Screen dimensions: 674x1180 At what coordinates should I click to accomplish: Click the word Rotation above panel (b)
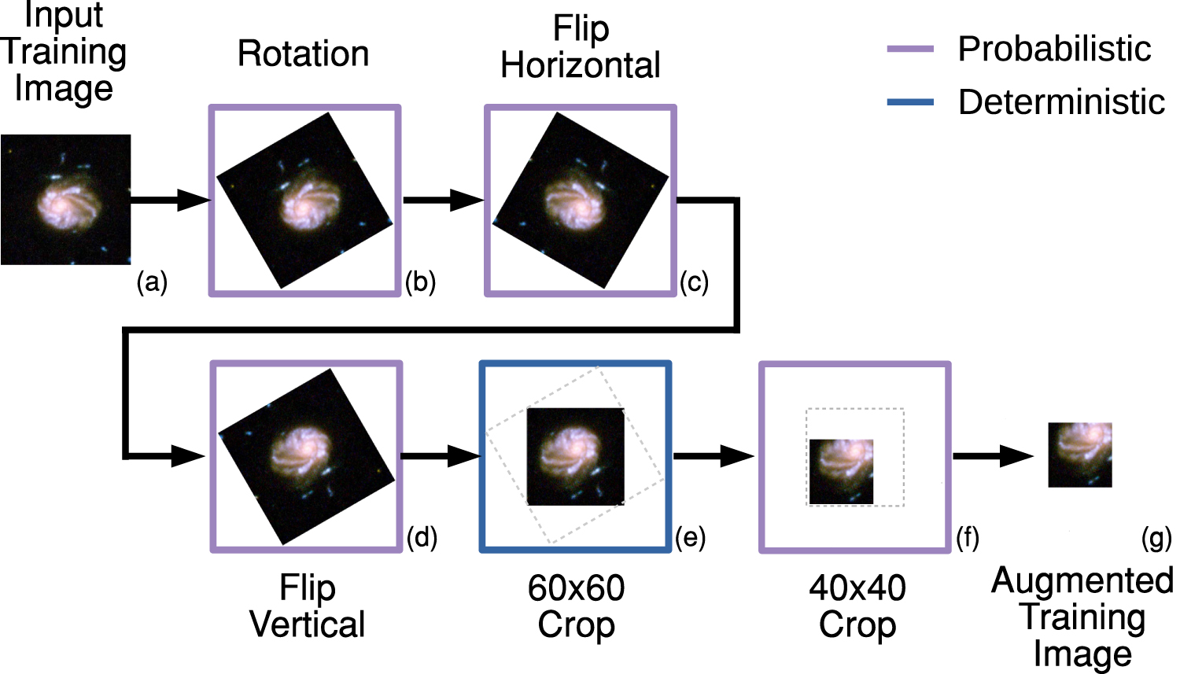[304, 54]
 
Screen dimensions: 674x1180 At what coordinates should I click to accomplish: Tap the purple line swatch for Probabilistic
[910, 49]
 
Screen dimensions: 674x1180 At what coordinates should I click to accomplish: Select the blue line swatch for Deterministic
[910, 102]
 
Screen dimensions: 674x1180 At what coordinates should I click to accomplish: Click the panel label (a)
[152, 282]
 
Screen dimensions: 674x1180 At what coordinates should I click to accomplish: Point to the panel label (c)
[694, 282]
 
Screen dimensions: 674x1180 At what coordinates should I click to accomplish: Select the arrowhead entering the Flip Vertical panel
[189, 455]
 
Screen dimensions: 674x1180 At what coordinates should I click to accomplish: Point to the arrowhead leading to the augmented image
[1016, 455]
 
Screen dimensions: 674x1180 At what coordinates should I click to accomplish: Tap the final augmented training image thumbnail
[1080, 455]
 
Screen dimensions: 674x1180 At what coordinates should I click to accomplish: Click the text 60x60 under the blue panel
[576, 588]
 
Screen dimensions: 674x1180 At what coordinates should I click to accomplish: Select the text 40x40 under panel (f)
[857, 588]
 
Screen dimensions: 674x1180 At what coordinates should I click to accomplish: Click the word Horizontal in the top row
[581, 66]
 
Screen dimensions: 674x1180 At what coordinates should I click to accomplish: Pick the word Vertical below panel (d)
[308, 624]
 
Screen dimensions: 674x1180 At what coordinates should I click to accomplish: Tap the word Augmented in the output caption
[1082, 581]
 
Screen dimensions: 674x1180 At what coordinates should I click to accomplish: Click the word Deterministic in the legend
[1061, 102]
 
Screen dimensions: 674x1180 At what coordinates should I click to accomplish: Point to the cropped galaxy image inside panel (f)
[841, 471]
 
